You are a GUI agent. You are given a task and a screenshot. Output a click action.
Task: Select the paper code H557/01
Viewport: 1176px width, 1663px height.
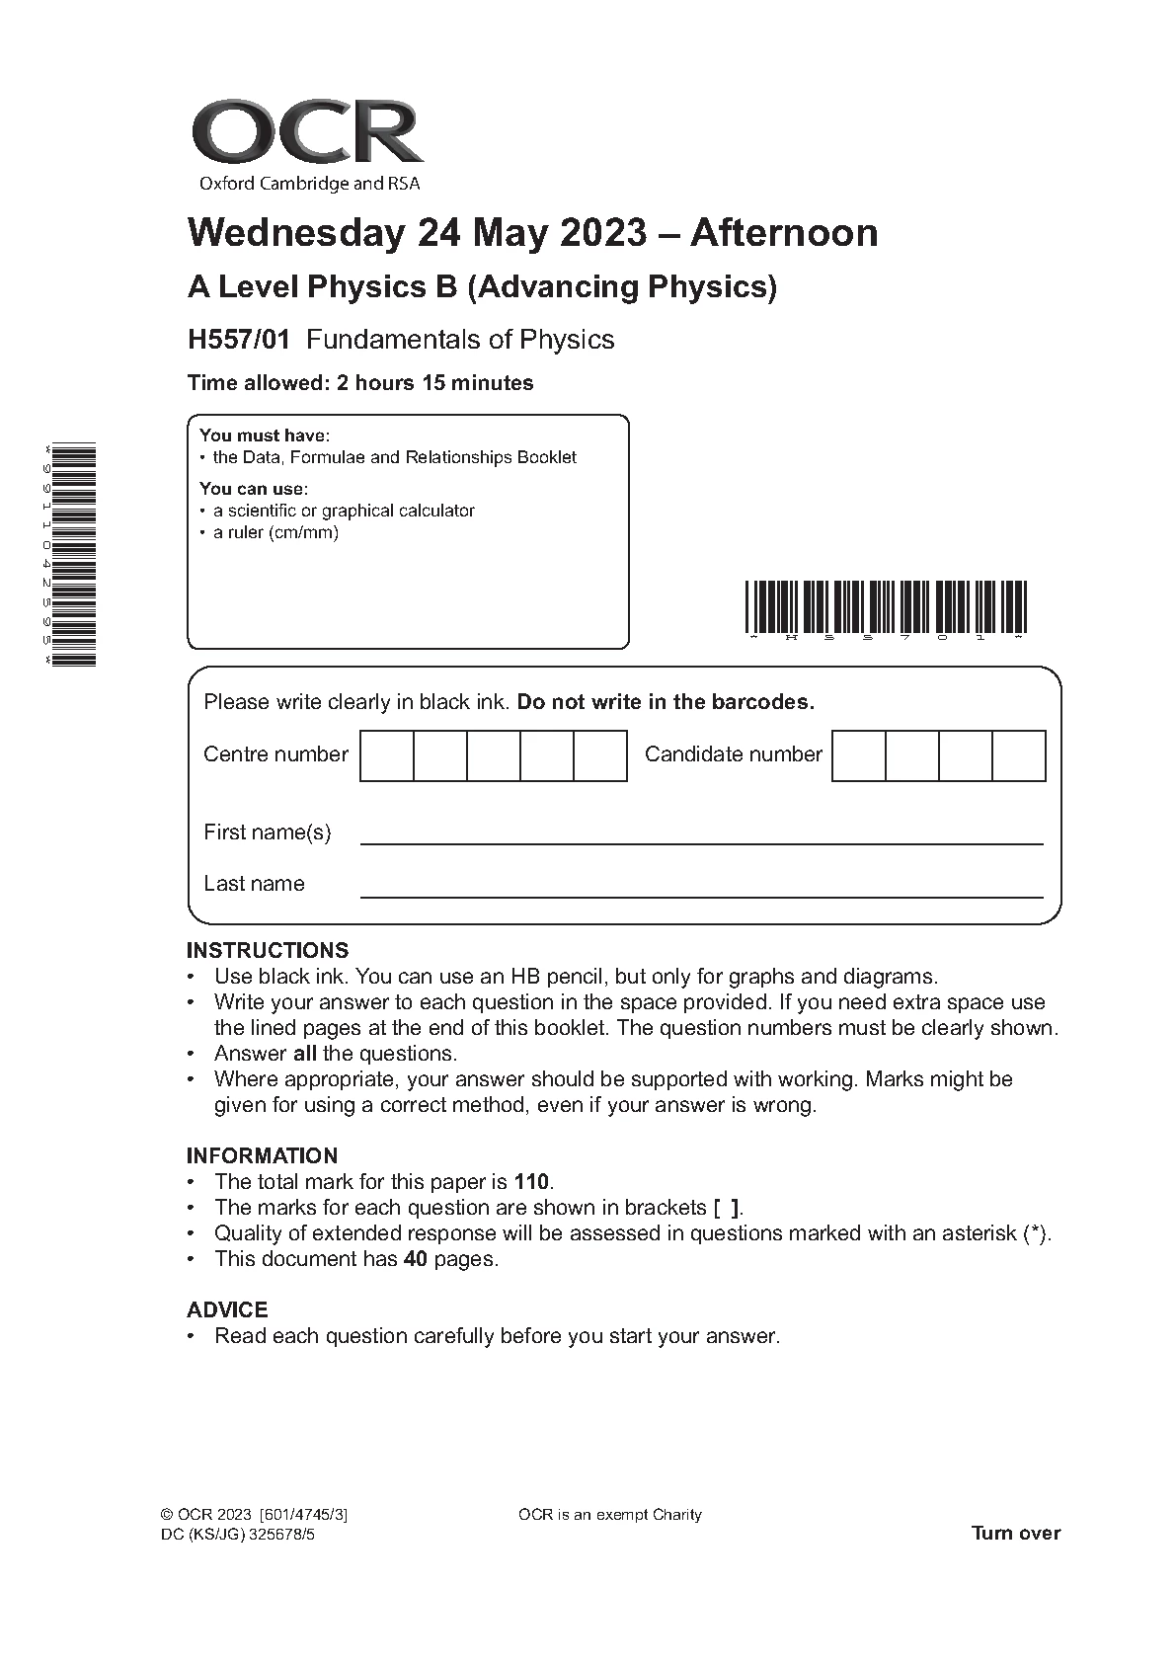tap(239, 340)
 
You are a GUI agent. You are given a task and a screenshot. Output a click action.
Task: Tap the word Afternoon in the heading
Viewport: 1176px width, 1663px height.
tap(784, 233)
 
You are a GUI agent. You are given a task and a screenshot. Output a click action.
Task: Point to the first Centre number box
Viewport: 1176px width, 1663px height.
tap(386, 755)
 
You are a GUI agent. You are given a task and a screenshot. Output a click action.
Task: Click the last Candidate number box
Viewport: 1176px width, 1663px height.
tap(1018, 755)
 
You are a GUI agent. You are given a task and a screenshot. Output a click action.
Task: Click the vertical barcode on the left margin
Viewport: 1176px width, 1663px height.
tap(75, 555)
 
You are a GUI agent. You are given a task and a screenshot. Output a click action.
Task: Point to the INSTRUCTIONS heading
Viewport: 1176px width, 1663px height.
tap(268, 951)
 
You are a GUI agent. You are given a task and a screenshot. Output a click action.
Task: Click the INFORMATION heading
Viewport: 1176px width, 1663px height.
tap(262, 1155)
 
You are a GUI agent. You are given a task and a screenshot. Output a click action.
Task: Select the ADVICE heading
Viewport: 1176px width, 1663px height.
tap(227, 1309)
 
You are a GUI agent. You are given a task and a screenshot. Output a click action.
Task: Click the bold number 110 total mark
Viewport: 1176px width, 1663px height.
tap(531, 1182)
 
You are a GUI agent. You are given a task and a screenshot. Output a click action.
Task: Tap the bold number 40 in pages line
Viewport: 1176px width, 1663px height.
tap(415, 1259)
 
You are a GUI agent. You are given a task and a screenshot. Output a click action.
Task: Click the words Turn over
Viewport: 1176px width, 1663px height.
tap(1016, 1533)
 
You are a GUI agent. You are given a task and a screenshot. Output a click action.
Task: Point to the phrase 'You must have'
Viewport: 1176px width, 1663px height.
tap(264, 436)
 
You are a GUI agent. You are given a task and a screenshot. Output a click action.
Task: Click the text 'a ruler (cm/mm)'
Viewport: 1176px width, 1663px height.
tap(275, 533)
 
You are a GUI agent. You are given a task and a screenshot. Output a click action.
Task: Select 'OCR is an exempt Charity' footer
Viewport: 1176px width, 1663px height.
tap(609, 1515)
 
